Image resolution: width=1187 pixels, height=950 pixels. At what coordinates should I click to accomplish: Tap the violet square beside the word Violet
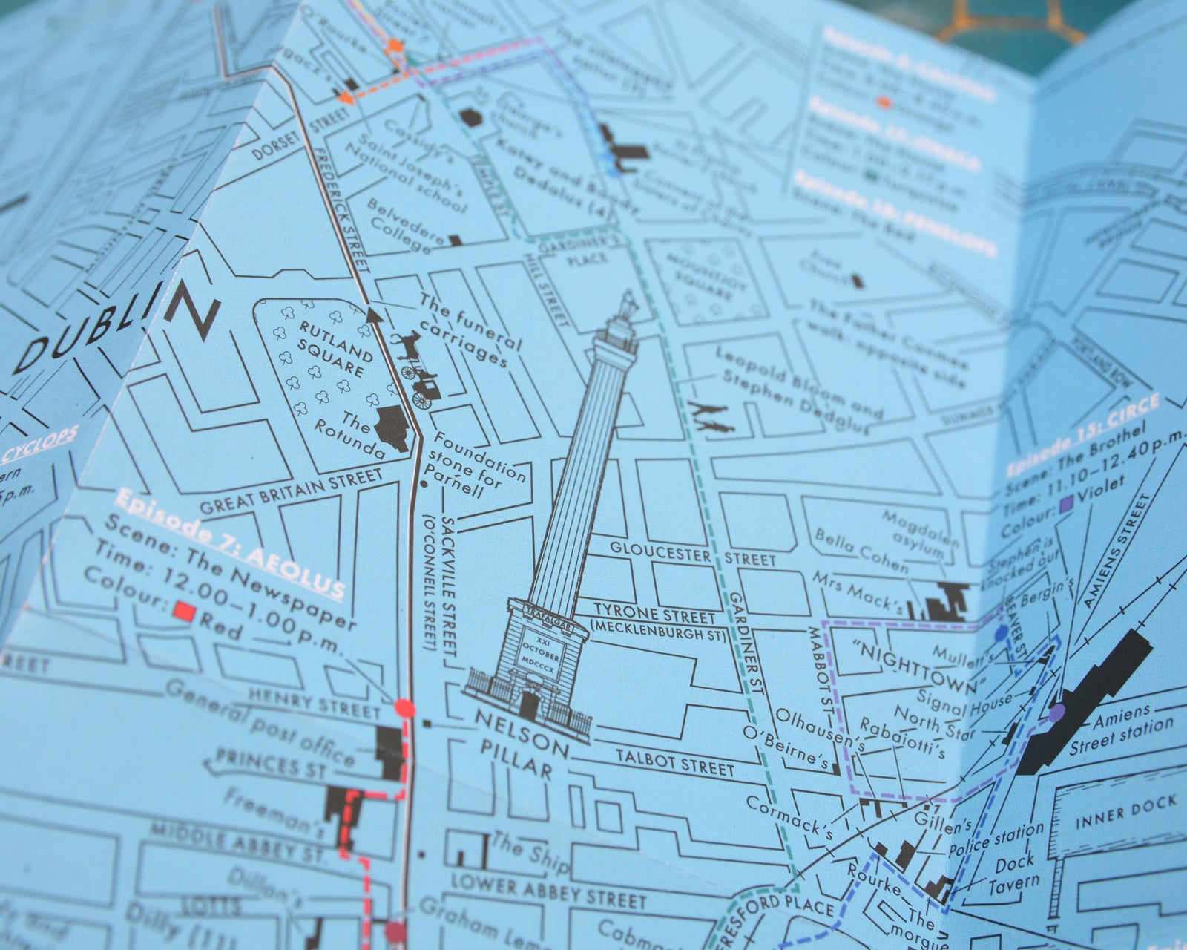pos(1067,505)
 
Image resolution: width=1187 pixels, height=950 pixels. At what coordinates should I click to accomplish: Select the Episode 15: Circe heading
pos(1083,434)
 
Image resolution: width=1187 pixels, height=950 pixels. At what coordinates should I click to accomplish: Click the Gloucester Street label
pos(694,552)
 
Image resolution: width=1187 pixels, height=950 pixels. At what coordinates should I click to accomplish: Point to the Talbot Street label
pos(675,761)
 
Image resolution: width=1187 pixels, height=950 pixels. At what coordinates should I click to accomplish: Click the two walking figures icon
pos(711,418)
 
